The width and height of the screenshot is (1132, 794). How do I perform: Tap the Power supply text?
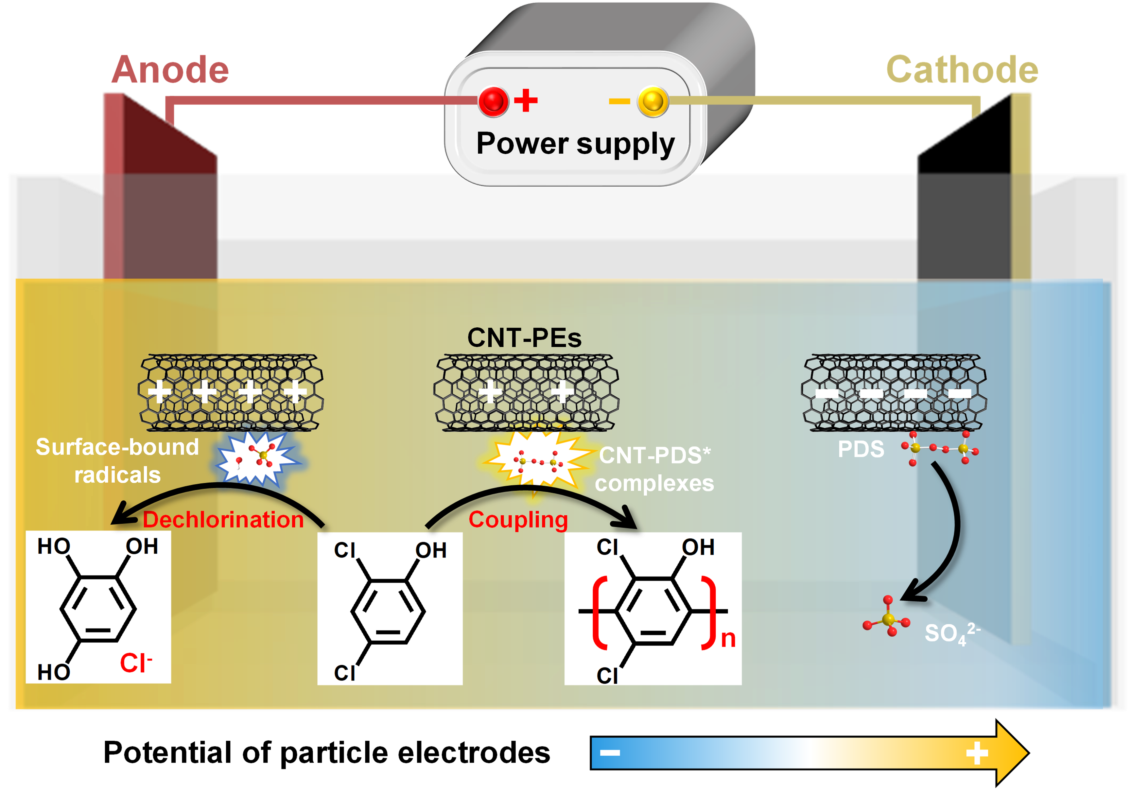click(575, 144)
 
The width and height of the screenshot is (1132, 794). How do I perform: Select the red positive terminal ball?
click(493, 101)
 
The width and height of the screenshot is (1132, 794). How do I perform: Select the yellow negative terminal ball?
click(653, 101)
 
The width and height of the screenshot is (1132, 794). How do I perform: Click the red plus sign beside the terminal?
click(526, 100)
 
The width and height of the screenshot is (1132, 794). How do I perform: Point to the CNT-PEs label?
click(524, 338)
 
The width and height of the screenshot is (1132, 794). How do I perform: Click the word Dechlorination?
click(223, 520)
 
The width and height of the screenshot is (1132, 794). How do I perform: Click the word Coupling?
click(518, 520)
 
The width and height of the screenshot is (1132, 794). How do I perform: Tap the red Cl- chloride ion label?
click(136, 663)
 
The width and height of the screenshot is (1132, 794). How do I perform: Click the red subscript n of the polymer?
click(728, 638)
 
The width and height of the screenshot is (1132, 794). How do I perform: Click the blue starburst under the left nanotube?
click(258, 458)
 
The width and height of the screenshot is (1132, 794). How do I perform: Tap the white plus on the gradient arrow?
click(977, 752)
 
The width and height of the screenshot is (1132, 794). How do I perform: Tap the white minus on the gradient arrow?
click(610, 752)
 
